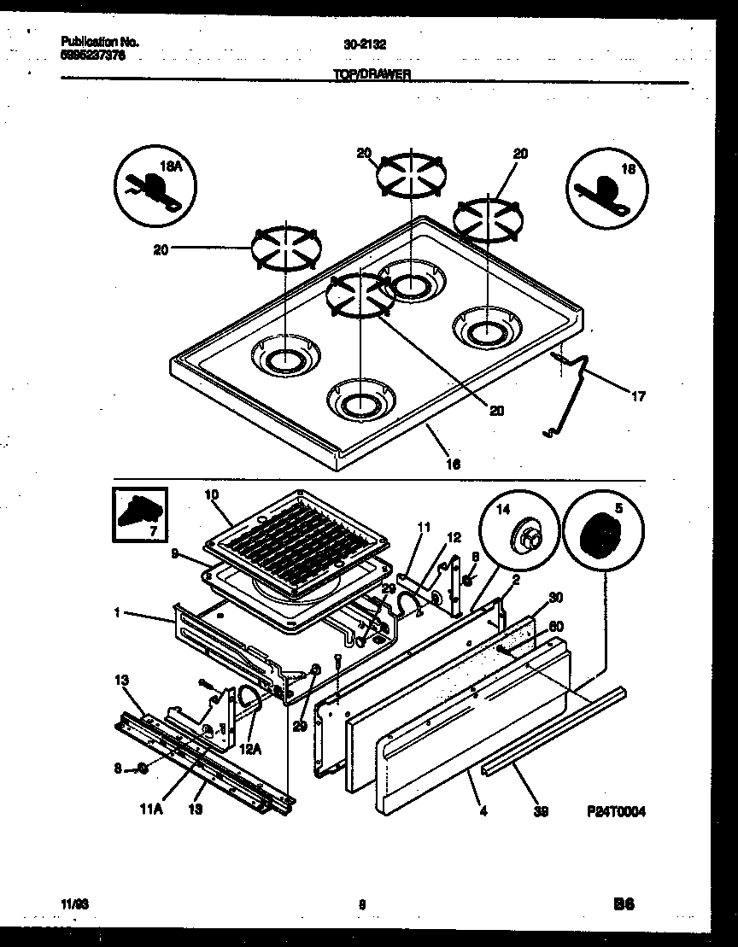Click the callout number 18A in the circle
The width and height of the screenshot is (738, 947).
pos(173,168)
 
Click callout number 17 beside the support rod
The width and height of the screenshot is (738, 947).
pos(637,396)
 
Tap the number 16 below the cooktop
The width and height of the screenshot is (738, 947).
pos(454,464)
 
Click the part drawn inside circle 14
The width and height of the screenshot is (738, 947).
pos(525,540)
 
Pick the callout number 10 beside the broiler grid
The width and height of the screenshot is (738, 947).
pos(213,494)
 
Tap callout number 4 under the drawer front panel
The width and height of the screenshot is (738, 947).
pos(483,813)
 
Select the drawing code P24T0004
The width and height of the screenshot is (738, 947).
pos(617,813)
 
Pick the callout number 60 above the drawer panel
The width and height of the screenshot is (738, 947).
pos(556,626)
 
